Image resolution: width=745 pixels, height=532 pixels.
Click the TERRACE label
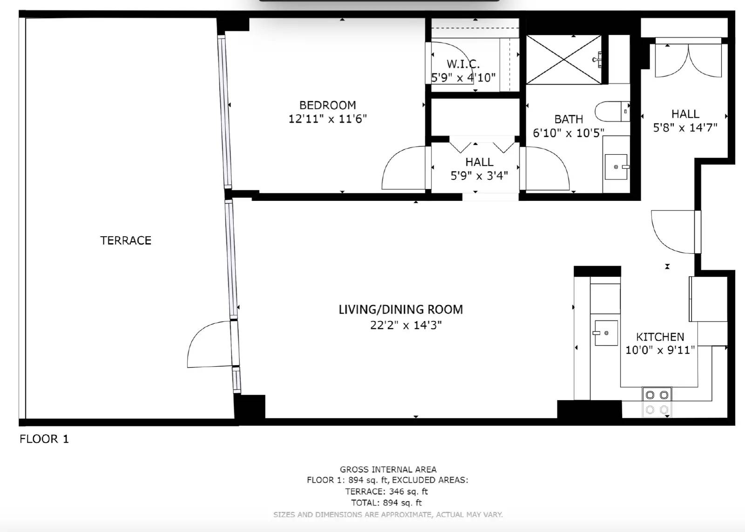[126, 240]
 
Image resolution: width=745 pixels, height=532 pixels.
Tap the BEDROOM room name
[327, 105]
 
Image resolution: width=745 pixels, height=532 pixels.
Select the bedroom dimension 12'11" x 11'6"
[327, 119]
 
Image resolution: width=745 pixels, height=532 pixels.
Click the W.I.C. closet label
[463, 64]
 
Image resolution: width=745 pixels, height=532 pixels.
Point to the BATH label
[569, 119]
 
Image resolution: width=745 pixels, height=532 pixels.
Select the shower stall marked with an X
[563, 59]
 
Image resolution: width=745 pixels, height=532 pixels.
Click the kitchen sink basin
[606, 333]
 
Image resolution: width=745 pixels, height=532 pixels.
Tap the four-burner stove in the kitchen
[657, 402]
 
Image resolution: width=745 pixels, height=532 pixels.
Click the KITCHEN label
[660, 337]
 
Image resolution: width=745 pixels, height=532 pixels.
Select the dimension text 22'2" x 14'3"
[406, 325]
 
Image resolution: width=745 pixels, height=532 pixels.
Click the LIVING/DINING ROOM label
[400, 310]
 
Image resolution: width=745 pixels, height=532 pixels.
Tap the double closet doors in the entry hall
[688, 61]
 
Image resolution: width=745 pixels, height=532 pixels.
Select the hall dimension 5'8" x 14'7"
[685, 128]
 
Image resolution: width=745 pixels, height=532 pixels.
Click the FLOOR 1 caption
[44, 439]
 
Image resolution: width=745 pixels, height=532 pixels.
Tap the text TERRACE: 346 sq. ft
[386, 491]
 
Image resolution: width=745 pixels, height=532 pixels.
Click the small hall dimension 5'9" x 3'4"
[479, 176]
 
